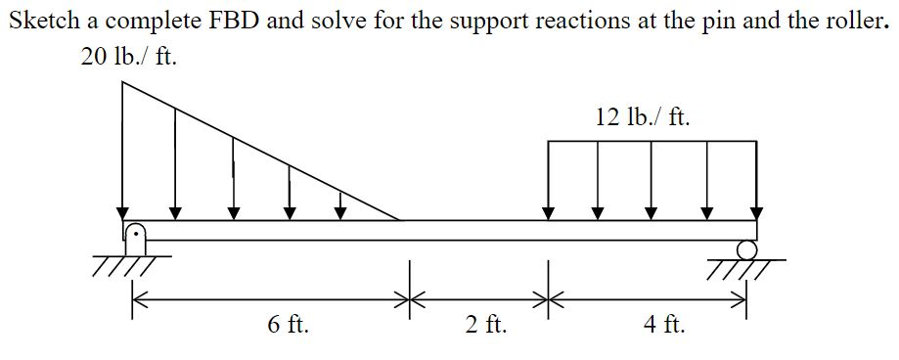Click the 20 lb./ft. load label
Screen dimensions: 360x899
128,58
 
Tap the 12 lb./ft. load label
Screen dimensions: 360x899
642,117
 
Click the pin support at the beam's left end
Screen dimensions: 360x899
135,235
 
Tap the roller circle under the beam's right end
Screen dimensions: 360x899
746,249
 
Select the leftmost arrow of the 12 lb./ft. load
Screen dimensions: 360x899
549,181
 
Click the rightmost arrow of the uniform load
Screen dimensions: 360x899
756,181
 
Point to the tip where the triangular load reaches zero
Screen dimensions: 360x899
399,220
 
